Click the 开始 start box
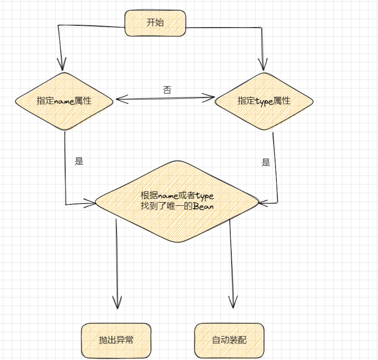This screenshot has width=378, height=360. coord(155,23)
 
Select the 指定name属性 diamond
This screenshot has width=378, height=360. coord(64,101)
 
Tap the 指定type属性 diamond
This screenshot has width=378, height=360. coord(264,101)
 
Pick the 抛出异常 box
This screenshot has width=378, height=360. coord(116,340)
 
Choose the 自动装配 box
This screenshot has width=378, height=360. coord(229,340)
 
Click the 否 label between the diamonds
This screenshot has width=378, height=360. coord(167,89)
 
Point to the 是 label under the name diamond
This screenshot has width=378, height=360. coord(79,161)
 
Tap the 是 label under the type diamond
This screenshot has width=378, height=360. coord(266,162)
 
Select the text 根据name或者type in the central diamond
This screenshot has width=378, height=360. coord(177,195)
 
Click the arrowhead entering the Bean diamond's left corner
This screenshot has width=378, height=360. coord(90,204)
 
